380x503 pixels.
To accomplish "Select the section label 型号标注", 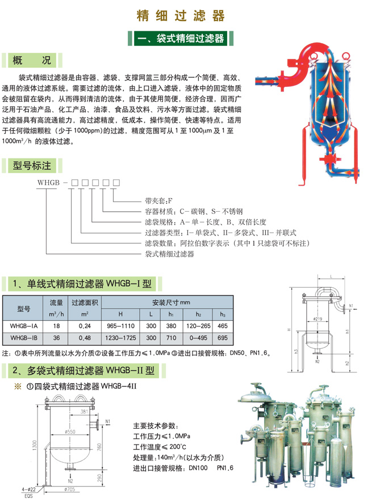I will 32,165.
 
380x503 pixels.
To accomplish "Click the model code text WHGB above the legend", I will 48,182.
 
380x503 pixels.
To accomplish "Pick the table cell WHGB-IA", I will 24,326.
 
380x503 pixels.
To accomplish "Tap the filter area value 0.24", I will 84,326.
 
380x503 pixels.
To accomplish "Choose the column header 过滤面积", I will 84,302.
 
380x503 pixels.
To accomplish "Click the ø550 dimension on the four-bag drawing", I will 70,432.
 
